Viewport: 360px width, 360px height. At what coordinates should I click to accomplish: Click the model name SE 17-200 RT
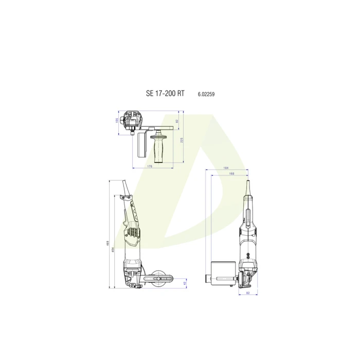pos(165,94)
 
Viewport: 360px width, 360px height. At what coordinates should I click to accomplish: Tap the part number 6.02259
pos(206,94)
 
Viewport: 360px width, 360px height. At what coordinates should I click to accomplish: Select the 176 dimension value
pos(150,167)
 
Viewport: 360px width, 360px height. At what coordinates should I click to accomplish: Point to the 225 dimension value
pos(182,140)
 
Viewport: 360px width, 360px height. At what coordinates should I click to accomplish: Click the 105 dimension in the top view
pos(117,120)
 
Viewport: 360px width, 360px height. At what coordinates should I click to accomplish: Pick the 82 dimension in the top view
pos(176,121)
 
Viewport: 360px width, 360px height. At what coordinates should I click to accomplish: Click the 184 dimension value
pos(226,168)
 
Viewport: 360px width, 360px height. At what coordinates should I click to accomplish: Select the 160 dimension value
pos(231,174)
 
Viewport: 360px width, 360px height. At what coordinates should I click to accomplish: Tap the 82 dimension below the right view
pos(247,293)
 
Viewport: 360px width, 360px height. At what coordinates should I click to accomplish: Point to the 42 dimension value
pos(185,283)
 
